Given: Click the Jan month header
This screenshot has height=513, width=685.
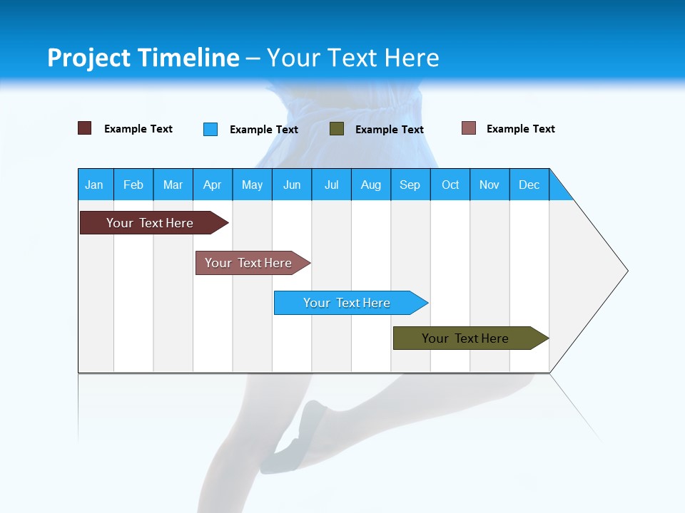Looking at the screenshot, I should click(x=95, y=185).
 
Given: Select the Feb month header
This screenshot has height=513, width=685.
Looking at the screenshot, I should click(x=133, y=185).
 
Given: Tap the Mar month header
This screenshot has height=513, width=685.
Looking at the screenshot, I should click(x=173, y=185).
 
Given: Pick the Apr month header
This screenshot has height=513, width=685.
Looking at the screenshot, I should click(x=213, y=185).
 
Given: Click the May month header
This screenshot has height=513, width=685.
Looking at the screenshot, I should click(x=252, y=185).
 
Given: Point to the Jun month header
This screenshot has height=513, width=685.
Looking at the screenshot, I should click(x=292, y=185).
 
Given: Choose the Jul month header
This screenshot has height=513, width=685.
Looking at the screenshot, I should click(x=331, y=185).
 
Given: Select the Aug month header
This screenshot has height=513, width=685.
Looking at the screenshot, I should click(x=371, y=185).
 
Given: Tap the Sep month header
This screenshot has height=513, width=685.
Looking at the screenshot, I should click(x=410, y=185).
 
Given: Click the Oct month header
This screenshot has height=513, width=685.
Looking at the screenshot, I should click(x=450, y=185).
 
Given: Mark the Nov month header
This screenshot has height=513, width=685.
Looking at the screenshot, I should click(x=489, y=185).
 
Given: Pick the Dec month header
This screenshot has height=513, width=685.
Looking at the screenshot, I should click(x=529, y=185).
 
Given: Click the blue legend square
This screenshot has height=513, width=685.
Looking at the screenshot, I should click(x=210, y=129).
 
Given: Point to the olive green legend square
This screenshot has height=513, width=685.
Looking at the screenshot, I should click(x=337, y=129).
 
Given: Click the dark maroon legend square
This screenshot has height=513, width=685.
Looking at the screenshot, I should click(x=85, y=128).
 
